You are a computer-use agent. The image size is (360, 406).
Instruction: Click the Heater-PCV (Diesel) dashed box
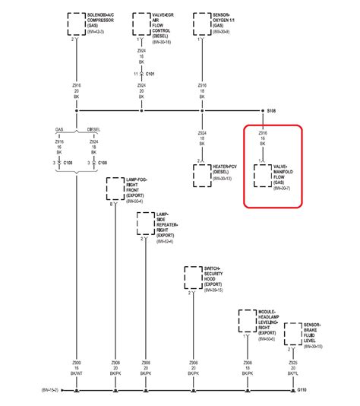(203, 175)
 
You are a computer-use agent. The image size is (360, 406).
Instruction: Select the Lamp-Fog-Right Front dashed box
(115, 188)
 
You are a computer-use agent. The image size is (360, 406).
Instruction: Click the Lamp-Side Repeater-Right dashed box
(146, 224)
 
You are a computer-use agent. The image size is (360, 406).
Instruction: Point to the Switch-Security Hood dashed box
(194, 278)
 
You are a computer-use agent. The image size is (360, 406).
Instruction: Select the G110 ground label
(302, 390)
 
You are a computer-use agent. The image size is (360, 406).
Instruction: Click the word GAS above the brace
(61, 128)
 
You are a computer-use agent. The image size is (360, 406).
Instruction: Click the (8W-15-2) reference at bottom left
(50, 390)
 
